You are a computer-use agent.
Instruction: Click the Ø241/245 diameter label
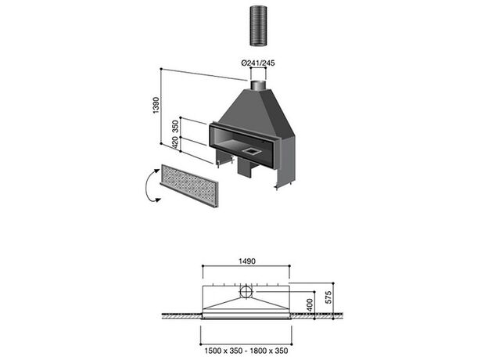click(258, 63)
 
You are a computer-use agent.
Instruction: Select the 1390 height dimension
click(156, 105)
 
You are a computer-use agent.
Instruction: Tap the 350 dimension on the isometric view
click(175, 126)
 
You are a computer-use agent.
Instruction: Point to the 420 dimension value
click(175, 142)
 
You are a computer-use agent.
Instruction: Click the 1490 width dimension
click(247, 261)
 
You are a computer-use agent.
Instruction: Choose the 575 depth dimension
click(328, 297)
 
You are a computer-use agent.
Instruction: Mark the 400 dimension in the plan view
click(310, 305)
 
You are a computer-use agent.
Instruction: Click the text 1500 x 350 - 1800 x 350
click(246, 351)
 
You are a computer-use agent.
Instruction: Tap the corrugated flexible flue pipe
click(258, 27)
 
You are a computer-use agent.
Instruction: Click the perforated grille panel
click(189, 185)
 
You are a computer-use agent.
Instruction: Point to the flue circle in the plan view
click(246, 292)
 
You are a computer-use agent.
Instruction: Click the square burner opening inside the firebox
click(251, 151)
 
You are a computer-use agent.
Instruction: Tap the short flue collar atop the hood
click(258, 85)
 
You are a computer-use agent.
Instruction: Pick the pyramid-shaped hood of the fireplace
click(257, 112)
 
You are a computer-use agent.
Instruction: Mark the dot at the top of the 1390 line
click(161, 69)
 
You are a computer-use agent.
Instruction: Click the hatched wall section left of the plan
click(181, 315)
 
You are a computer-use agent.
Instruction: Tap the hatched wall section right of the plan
click(318, 315)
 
